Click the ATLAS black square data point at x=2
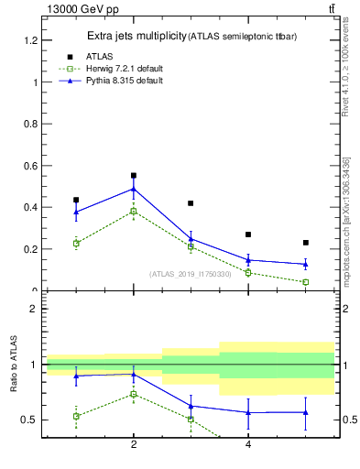(x=134, y=175)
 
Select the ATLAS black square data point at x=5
(x=305, y=243)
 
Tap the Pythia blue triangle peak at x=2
(x=134, y=189)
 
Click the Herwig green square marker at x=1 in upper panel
(x=76, y=244)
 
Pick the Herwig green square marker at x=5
(x=305, y=282)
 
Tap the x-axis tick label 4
(x=248, y=444)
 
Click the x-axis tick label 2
(x=134, y=444)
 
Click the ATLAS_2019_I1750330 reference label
(x=191, y=273)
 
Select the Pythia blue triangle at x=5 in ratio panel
(x=305, y=412)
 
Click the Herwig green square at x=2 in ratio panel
(x=134, y=395)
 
